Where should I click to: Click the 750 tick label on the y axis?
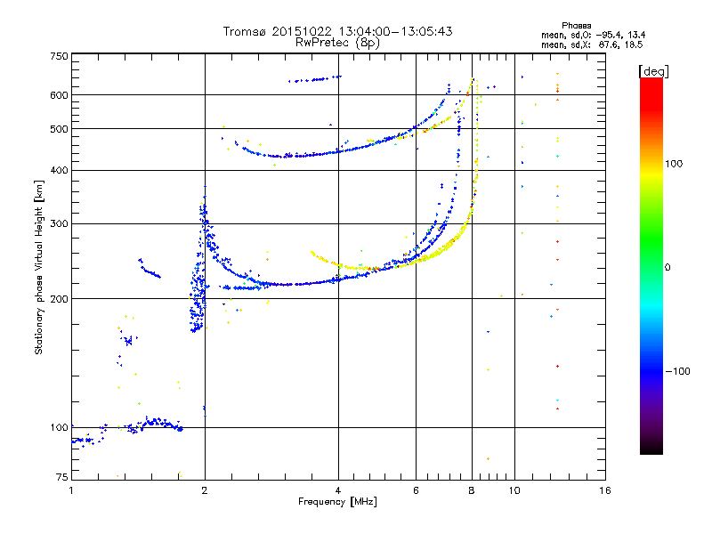coord(59,56)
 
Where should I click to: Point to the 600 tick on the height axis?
coord(59,94)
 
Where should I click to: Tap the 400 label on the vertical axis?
coord(59,170)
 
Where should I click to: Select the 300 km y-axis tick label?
coord(59,223)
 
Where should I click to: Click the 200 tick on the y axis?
coord(59,298)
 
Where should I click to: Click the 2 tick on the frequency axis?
coord(205,490)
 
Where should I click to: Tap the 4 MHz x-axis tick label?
coord(338,490)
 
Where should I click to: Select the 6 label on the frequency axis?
coord(416,490)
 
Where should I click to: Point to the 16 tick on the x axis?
coord(604,490)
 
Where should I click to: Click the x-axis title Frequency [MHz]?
coord(337,502)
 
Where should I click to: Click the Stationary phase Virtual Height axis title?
coord(39,267)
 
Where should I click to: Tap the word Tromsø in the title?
coord(246,31)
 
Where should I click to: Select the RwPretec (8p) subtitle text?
coord(337,42)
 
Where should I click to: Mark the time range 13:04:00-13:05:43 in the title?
coord(389,31)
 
